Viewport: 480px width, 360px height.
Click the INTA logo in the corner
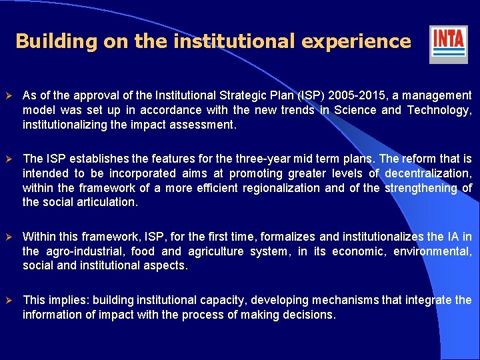pyautogui.click(x=448, y=43)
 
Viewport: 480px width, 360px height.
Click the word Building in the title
pyautogui.click(x=56, y=41)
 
